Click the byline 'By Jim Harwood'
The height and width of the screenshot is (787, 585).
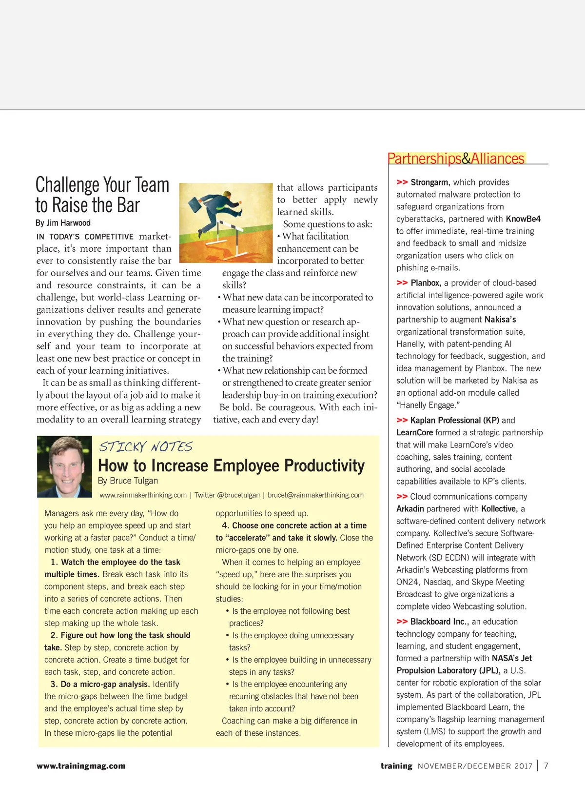pyautogui.click(x=63, y=223)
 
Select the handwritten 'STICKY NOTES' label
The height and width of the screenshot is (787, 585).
pyautogui.click(x=146, y=446)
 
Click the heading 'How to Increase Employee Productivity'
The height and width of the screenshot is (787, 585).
pyautogui.click(x=231, y=466)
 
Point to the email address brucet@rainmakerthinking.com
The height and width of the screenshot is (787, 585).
pyautogui.click(x=315, y=495)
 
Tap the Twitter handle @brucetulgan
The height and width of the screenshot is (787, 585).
pyautogui.click(x=227, y=495)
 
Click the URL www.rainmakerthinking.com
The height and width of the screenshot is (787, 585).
pyautogui.click(x=143, y=495)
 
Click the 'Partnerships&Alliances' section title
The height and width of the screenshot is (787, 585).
pyautogui.click(x=456, y=159)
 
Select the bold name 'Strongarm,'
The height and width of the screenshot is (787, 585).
pyautogui.click(x=429, y=182)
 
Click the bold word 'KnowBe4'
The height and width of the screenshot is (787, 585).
pyautogui.click(x=523, y=219)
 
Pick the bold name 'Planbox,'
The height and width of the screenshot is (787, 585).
pyautogui.click(x=426, y=283)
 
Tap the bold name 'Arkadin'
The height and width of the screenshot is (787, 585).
pyautogui.click(x=410, y=509)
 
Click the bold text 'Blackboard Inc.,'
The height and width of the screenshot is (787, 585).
pyautogui.click(x=439, y=622)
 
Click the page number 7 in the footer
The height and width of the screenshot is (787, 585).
pyautogui.click(x=546, y=766)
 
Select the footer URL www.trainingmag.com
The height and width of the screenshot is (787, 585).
pyautogui.click(x=81, y=766)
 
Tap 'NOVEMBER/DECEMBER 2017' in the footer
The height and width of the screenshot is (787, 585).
pyautogui.click(x=475, y=766)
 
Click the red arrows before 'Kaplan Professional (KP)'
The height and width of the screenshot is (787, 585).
pyautogui.click(x=402, y=421)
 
